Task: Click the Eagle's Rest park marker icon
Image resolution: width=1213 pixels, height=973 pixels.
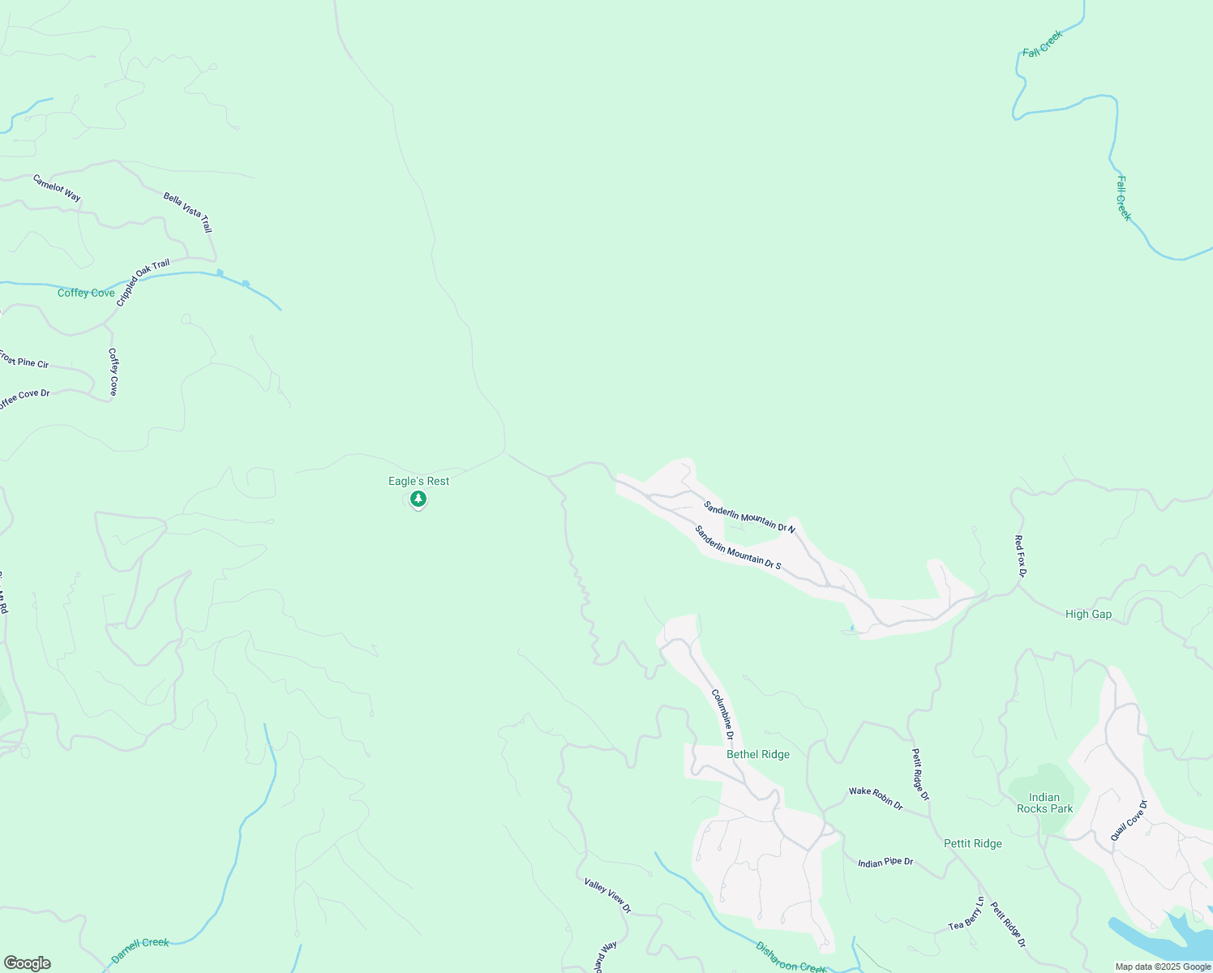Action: (x=418, y=499)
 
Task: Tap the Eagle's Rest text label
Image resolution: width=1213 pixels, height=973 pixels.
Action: (x=418, y=481)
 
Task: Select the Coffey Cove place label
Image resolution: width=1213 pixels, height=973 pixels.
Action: (x=86, y=293)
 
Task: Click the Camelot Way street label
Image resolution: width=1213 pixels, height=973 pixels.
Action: (x=57, y=188)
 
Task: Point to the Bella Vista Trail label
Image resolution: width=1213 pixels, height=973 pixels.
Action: (x=187, y=212)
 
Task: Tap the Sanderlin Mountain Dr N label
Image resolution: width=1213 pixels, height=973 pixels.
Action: (x=749, y=517)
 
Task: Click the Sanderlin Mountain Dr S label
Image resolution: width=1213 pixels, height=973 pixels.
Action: (x=738, y=547)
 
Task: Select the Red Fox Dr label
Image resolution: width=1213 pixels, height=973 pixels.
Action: (x=1020, y=556)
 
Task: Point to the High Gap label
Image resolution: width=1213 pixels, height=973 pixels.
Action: (x=1088, y=614)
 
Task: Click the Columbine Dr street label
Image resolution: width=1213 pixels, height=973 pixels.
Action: (x=722, y=715)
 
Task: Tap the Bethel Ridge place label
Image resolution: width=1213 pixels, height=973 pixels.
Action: (x=758, y=754)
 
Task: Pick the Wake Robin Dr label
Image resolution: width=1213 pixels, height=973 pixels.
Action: (x=876, y=798)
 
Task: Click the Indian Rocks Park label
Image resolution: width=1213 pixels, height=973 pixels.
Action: (x=1044, y=803)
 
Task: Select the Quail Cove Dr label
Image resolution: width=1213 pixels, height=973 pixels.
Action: (x=1129, y=821)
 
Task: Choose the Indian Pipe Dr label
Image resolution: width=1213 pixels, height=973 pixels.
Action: (x=885, y=862)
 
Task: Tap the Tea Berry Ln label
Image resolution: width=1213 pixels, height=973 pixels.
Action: (x=967, y=915)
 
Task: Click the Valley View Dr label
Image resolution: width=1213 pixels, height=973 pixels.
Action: (x=607, y=895)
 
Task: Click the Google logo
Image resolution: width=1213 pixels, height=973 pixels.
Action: (x=28, y=963)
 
